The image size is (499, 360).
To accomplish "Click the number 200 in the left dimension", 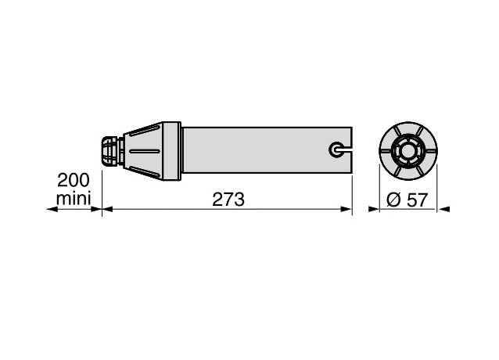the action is pyautogui.click(x=74, y=180).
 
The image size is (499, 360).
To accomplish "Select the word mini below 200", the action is pyautogui.click(x=74, y=198).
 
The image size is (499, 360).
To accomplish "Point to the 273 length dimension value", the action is pyautogui.click(x=228, y=200).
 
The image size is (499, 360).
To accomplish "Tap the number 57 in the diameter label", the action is pyautogui.click(x=416, y=200).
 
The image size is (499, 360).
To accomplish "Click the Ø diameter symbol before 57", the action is pyautogui.click(x=393, y=200).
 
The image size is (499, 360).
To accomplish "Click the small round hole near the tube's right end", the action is pyautogui.click(x=335, y=149).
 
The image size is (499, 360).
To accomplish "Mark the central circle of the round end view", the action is pyautogui.click(x=408, y=150).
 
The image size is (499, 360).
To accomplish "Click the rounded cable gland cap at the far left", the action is pyautogui.click(x=109, y=151).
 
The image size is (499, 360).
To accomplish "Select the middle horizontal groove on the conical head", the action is pyautogui.click(x=145, y=151).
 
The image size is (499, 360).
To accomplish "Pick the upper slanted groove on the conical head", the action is pyautogui.click(x=144, y=131).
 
